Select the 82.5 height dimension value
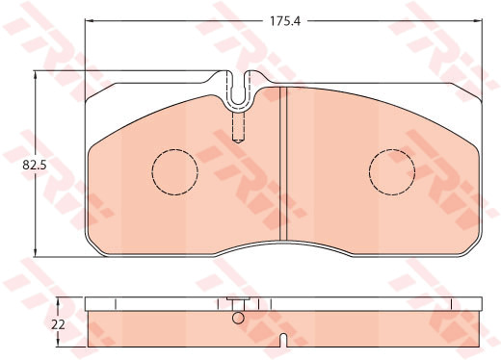tap(35, 166)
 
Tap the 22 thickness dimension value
tap(58, 324)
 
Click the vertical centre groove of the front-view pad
tap(283, 164)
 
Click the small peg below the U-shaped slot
tap(238, 127)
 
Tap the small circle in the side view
tap(238, 318)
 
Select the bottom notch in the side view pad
tap(283, 341)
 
